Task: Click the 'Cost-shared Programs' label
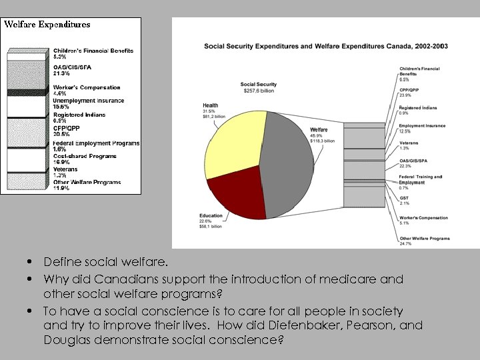85,156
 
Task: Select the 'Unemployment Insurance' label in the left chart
88,101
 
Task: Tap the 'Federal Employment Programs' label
96,143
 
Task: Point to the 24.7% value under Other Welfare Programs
405,244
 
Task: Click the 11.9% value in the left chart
60,188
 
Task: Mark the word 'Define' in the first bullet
62,261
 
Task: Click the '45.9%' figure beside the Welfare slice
317,135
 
